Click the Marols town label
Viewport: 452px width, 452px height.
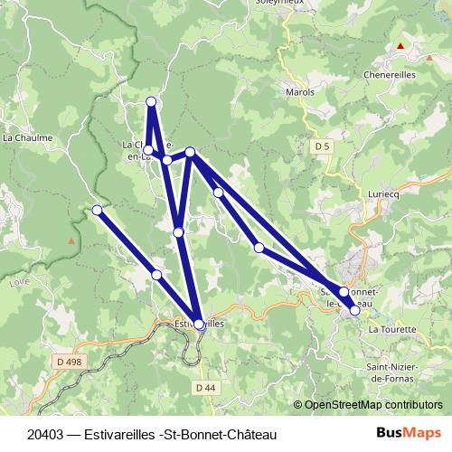(x=299, y=92)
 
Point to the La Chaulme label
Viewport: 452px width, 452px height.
(x=27, y=138)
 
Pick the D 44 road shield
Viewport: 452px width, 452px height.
(x=204, y=387)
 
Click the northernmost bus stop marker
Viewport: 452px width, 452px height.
(x=151, y=101)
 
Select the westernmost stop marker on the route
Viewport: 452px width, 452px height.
(x=97, y=211)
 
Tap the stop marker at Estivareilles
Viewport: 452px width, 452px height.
(x=199, y=323)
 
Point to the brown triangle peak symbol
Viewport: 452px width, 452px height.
(x=71, y=241)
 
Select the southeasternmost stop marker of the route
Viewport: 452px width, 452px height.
(x=354, y=310)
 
